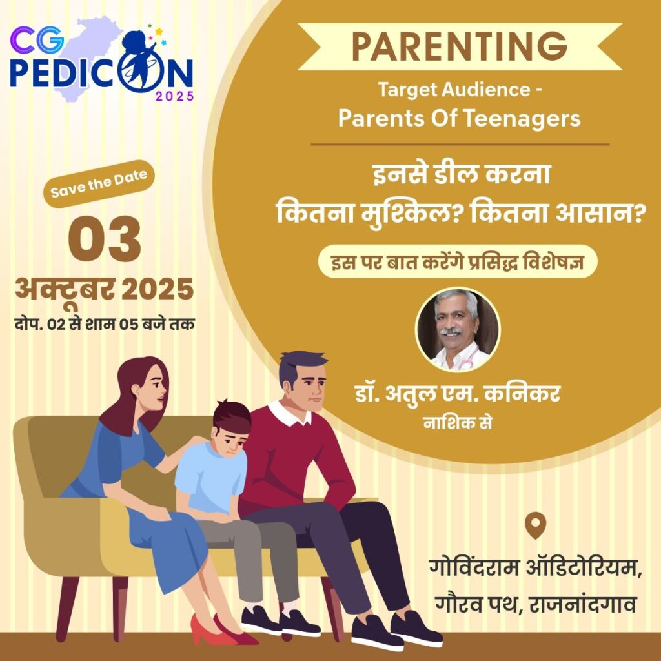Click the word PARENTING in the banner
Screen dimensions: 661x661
point(459,46)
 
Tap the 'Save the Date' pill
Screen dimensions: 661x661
point(99,184)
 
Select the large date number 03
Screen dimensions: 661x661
point(105,239)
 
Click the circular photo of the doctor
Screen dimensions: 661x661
point(458,330)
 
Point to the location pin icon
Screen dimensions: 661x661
point(535,525)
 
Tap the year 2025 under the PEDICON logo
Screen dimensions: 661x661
point(175,96)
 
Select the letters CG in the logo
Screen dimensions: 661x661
point(37,39)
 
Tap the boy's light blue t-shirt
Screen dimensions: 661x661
point(211,477)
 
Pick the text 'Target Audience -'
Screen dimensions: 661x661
point(460,90)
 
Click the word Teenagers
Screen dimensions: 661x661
point(522,119)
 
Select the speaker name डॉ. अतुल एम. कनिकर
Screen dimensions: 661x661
point(458,395)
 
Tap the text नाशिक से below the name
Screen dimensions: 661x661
point(458,423)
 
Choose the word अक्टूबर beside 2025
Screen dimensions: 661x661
point(65,290)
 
